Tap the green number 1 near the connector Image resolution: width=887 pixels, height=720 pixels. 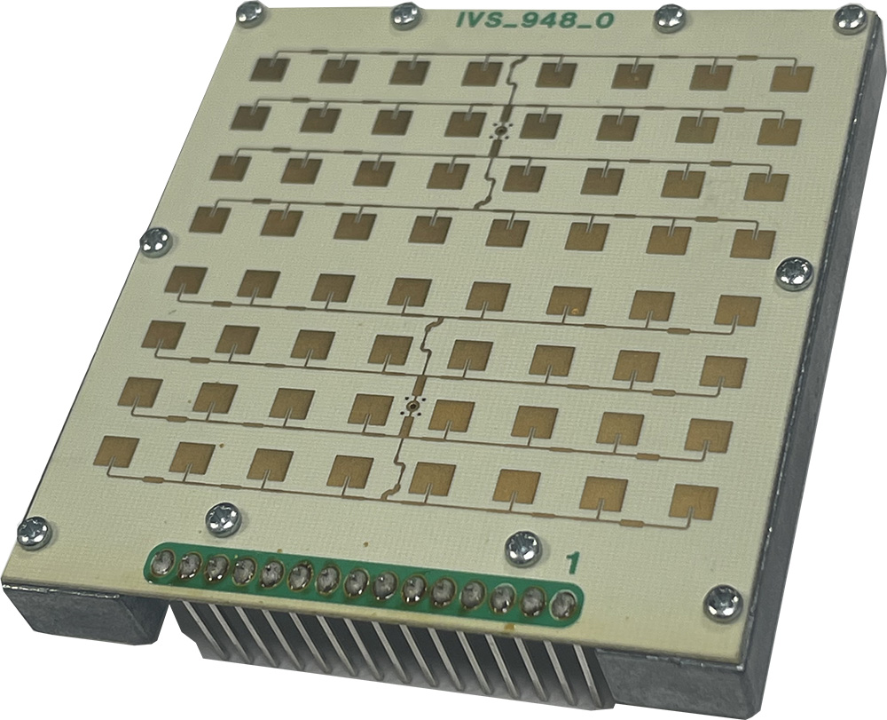pos(573,563)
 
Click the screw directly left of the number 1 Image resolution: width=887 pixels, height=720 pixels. pos(522,548)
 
